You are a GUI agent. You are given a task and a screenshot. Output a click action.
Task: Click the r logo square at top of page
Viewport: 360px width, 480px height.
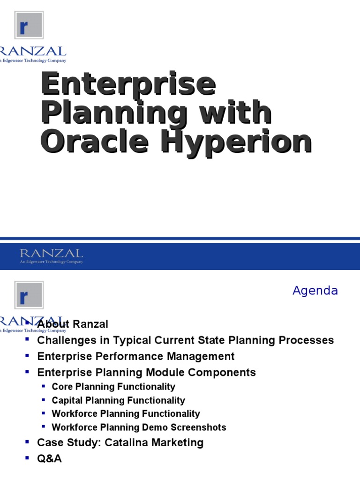pyautogui.click(x=29, y=26)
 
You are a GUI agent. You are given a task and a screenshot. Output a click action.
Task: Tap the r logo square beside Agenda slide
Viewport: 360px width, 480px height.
pyautogui.click(x=29, y=295)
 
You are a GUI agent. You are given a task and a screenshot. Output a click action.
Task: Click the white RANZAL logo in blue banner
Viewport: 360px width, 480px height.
pyautogui.click(x=51, y=255)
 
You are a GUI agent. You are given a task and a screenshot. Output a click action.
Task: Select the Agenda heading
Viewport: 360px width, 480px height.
pyautogui.click(x=315, y=291)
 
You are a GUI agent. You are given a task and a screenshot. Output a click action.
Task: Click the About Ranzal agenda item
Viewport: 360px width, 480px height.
pyautogui.click(x=73, y=324)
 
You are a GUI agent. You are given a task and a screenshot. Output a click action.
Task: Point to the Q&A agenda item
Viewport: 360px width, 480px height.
pyautogui.click(x=49, y=458)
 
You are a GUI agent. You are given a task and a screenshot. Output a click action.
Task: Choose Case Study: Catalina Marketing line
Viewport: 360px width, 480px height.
pyautogui.click(x=120, y=442)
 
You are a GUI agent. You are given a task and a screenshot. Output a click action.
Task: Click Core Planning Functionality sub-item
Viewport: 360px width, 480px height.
pyautogui.click(x=113, y=387)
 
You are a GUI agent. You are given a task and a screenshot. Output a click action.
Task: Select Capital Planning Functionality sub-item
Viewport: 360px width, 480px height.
pyautogui.click(x=118, y=400)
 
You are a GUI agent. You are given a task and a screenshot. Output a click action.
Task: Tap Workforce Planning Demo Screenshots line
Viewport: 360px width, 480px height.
pyautogui.click(x=139, y=427)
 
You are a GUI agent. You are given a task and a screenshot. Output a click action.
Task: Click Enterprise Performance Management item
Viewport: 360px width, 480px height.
pyautogui.click(x=136, y=356)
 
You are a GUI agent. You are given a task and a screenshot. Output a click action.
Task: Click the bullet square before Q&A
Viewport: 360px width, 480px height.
pyautogui.click(x=27, y=457)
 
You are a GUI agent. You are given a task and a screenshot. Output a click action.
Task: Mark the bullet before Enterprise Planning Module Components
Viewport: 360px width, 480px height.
pyautogui.click(x=27, y=371)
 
